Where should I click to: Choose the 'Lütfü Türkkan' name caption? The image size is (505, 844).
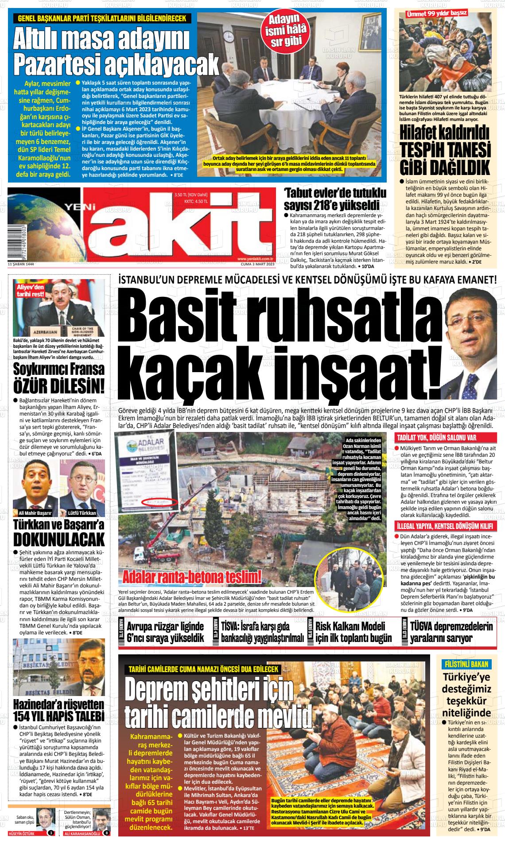82,513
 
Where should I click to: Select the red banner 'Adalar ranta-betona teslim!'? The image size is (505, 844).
191,577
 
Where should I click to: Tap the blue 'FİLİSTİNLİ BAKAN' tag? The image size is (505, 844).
466,664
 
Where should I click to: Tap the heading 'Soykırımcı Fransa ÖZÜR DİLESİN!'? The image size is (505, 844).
59,377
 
